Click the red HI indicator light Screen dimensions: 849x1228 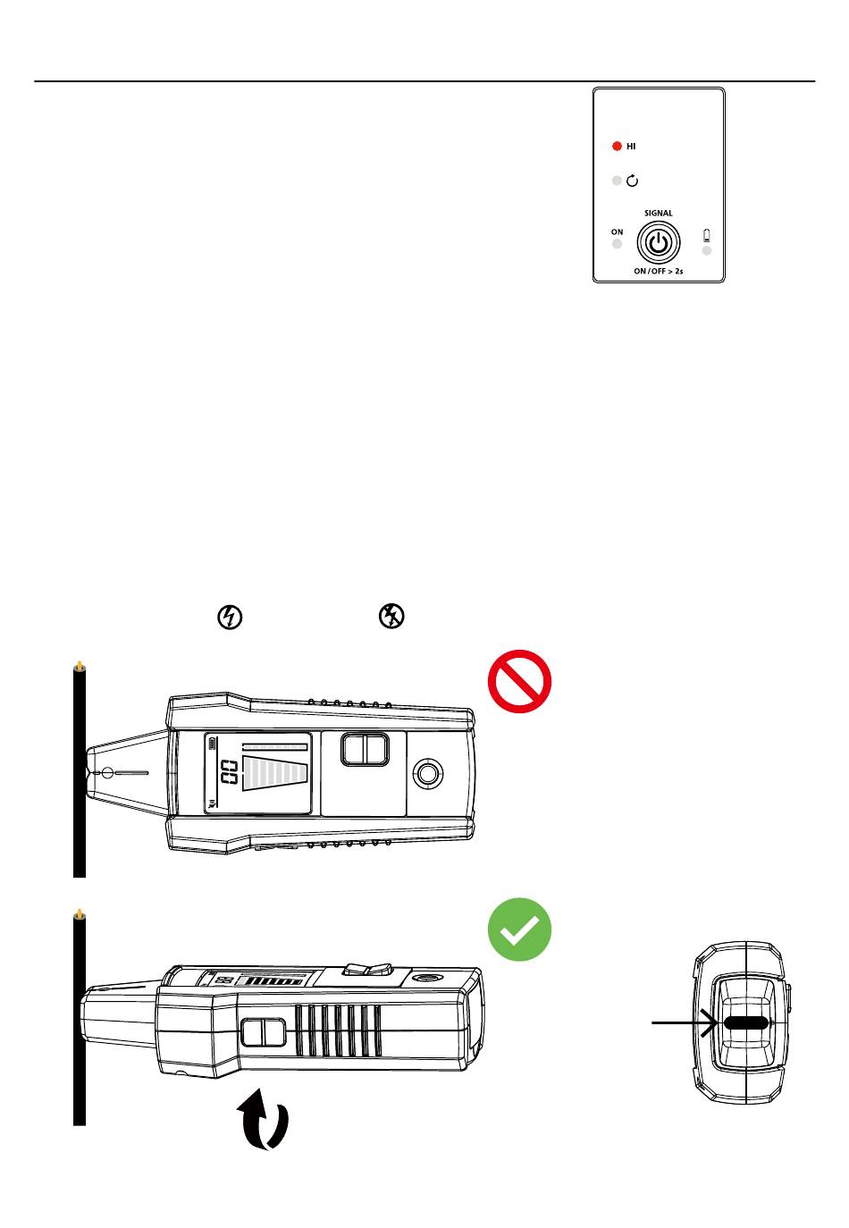pyautogui.click(x=617, y=146)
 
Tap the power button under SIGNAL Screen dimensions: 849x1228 pyautogui.click(x=659, y=242)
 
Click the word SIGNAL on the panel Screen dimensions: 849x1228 pyautogui.click(x=659, y=213)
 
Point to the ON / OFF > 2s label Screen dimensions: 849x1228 pyautogui.click(x=659, y=271)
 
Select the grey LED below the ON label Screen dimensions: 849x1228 pyautogui.click(x=617, y=244)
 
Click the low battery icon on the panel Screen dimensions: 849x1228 pyautogui.click(x=707, y=236)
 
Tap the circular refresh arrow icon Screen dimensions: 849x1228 pyautogui.click(x=632, y=181)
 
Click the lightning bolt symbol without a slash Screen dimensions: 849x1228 pyautogui.click(x=230, y=617)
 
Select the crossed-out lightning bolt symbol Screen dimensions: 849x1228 pyautogui.click(x=392, y=616)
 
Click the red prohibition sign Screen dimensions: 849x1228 pyautogui.click(x=519, y=681)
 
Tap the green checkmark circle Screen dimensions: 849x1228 pyautogui.click(x=519, y=929)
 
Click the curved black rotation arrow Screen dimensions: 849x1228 pyautogui.click(x=263, y=1119)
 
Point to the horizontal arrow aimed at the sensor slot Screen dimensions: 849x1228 pyautogui.click(x=685, y=1022)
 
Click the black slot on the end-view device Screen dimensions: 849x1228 pyautogui.click(x=745, y=1022)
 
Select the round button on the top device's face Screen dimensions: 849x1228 pyautogui.click(x=427, y=773)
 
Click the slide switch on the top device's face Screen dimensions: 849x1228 pyautogui.click(x=365, y=749)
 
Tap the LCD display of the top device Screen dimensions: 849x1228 pyautogui.click(x=257, y=773)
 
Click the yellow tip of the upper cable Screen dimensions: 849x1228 pyautogui.click(x=80, y=666)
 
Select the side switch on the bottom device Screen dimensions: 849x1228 pyautogui.click(x=263, y=1032)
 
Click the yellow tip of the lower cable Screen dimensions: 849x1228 pyautogui.click(x=80, y=914)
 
